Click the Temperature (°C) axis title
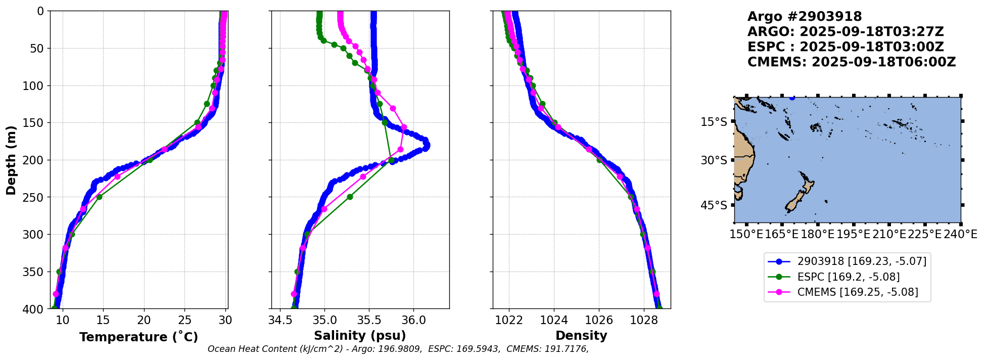pyautogui.click(x=138, y=337)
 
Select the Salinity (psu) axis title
pyautogui.click(x=360, y=336)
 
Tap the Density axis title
pyautogui.click(x=581, y=336)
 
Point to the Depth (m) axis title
pyautogui.click(x=11, y=160)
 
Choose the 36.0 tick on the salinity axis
pyautogui.click(x=413, y=320)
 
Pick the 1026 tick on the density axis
pyautogui.click(x=599, y=320)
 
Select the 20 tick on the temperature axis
pyautogui.click(x=144, y=320)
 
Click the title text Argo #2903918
pyautogui.click(x=805, y=17)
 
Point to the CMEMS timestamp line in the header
pyautogui.click(x=852, y=62)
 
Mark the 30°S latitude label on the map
pyautogui.click(x=714, y=160)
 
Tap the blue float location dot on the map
pyautogui.click(x=792, y=98)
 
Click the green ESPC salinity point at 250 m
pyautogui.click(x=350, y=197)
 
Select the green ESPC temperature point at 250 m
pyautogui.click(x=99, y=197)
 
